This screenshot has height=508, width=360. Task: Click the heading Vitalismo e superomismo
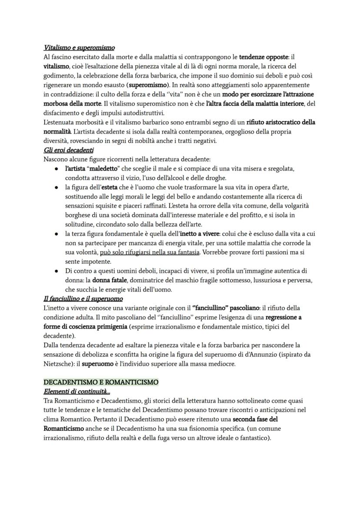(x=79, y=47)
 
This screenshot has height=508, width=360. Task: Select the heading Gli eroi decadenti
(x=69, y=150)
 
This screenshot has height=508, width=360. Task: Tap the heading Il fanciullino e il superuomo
(x=83, y=299)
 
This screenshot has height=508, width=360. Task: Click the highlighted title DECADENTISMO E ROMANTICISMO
(x=101, y=382)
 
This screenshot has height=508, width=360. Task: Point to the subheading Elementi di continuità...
(x=77, y=391)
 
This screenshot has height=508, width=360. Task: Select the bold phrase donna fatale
(x=107, y=280)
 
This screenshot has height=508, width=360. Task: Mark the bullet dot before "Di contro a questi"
(x=57, y=271)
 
